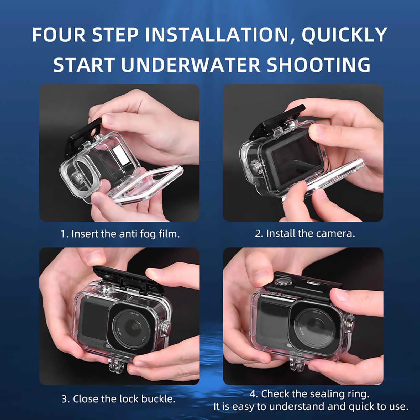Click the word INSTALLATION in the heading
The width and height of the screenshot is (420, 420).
[217, 35]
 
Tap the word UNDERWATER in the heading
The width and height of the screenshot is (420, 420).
[191, 65]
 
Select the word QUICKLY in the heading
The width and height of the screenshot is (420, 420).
[344, 35]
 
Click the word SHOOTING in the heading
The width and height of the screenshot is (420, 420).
[318, 65]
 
